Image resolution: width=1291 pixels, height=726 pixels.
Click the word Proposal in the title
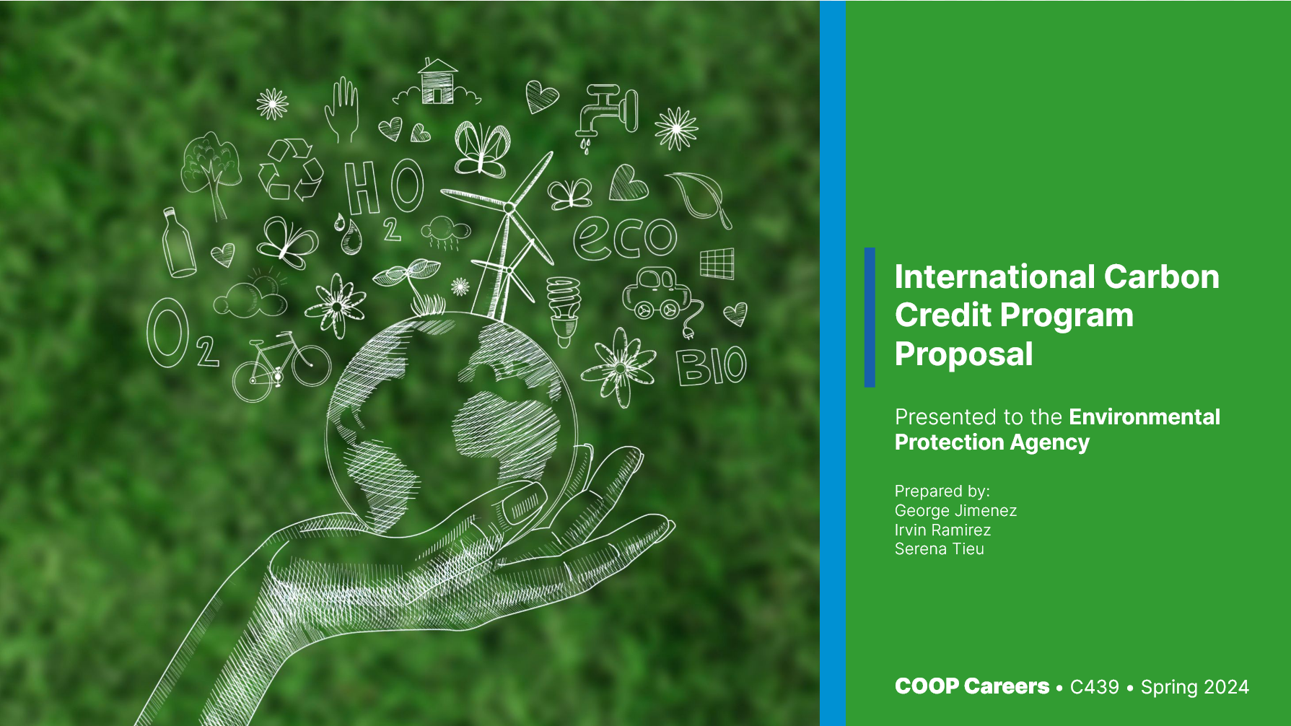point(963,354)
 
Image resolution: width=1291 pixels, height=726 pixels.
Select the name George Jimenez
point(955,510)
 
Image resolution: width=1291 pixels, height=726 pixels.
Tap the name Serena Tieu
point(939,548)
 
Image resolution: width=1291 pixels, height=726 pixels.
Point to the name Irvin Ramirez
point(942,530)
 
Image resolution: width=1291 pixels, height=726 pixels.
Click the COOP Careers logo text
point(971,686)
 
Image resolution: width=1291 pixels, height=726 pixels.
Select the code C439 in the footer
point(1094,686)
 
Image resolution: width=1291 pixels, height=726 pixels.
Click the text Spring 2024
point(1194,686)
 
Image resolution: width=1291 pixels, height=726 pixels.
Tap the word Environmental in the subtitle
point(1144,416)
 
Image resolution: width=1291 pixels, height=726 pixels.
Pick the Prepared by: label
point(942,491)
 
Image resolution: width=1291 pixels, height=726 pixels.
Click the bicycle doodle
point(280,366)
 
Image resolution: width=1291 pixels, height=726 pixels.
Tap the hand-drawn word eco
point(625,237)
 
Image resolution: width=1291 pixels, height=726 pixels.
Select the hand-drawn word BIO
point(711,366)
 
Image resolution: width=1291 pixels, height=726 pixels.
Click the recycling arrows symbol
point(290,170)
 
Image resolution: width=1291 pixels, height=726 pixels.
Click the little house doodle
point(438,82)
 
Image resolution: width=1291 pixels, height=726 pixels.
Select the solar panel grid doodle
point(717,263)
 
